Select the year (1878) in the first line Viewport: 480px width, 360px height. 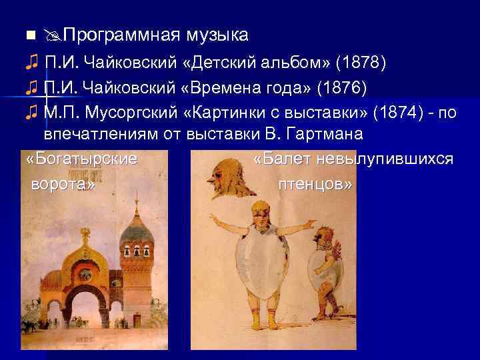click(x=360, y=63)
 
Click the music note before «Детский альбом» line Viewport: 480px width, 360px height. click(x=31, y=63)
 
